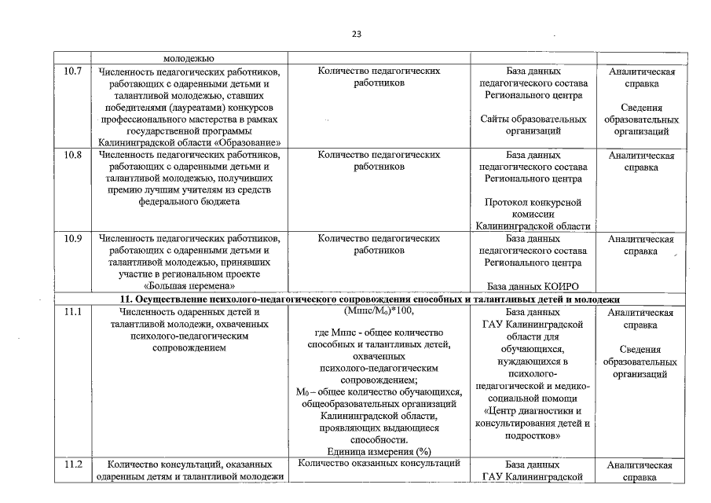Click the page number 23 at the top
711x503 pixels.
pos(356,34)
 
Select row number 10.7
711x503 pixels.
pos(72,72)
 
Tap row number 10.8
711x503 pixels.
pos(72,155)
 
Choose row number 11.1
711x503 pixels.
pos(72,312)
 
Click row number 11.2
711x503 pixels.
pos(72,464)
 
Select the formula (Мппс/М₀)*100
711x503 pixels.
pos(379,312)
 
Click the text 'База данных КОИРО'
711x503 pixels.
pos(533,287)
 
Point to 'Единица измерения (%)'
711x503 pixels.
pos(379,451)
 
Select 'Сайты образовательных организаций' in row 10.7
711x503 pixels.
pos(533,125)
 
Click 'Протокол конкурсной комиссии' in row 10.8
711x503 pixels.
pos(533,208)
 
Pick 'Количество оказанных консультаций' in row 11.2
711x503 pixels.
pos(379,464)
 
